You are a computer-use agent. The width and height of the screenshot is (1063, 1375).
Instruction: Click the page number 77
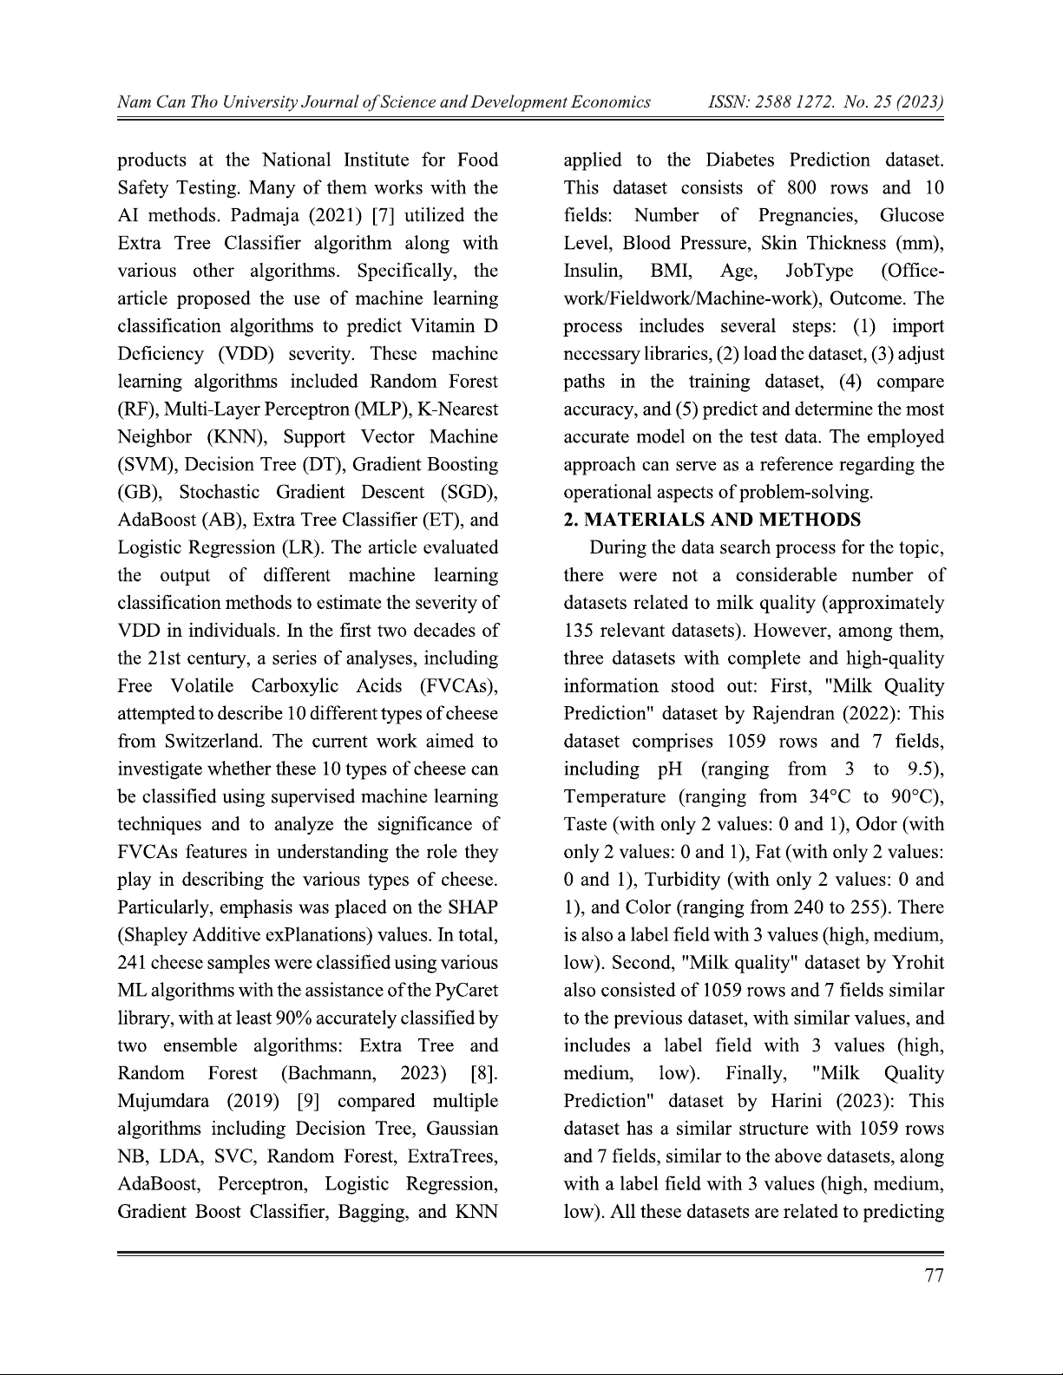click(x=935, y=1274)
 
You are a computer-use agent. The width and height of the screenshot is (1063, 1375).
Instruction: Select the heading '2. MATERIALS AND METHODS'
click(x=712, y=520)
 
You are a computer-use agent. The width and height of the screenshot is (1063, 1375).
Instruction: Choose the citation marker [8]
click(x=483, y=1073)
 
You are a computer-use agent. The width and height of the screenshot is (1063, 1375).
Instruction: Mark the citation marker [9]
click(x=308, y=1101)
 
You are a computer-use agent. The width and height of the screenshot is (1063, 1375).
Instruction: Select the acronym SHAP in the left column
click(x=474, y=907)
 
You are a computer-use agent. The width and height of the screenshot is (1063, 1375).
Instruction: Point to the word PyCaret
click(x=467, y=990)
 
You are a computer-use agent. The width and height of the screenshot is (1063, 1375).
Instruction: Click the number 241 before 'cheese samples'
click(x=134, y=963)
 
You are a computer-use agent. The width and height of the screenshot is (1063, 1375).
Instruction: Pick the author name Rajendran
click(x=802, y=714)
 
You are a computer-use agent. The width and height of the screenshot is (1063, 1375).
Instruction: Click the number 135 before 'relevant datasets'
click(x=578, y=631)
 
